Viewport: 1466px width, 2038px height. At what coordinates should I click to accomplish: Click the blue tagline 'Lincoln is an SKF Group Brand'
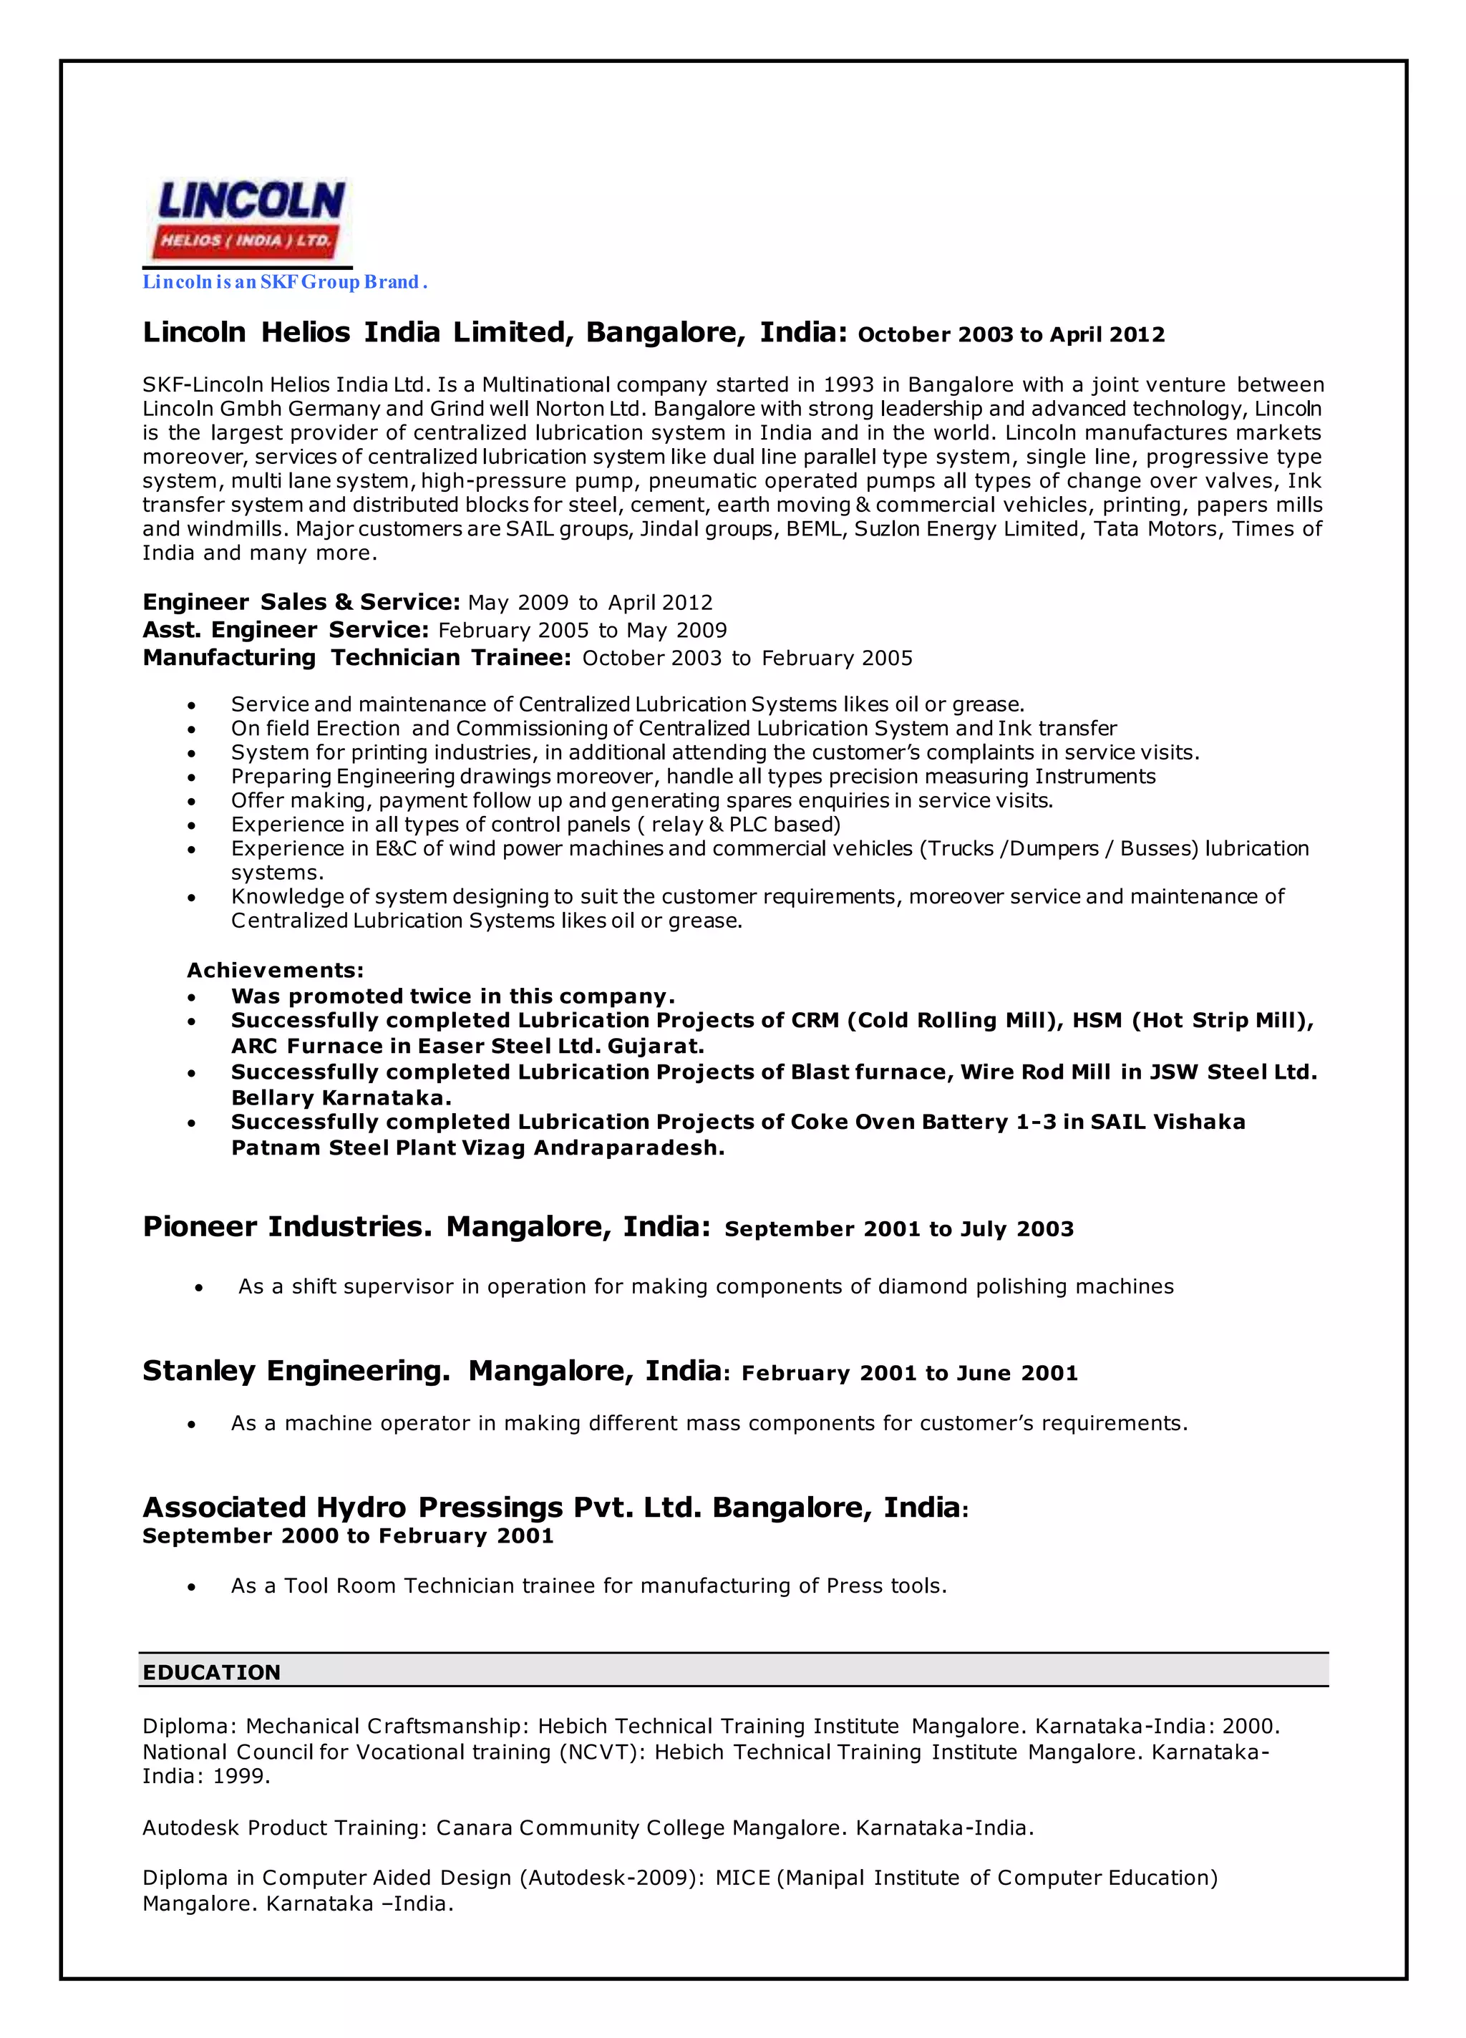284,282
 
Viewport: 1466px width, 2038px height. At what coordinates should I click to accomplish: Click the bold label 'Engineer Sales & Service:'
301,602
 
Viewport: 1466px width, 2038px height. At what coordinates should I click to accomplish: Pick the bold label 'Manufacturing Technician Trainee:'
357,658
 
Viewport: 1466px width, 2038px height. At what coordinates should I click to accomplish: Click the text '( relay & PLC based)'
738,825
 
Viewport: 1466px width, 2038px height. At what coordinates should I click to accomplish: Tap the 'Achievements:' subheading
275,971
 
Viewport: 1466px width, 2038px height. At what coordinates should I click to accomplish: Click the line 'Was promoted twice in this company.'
452,996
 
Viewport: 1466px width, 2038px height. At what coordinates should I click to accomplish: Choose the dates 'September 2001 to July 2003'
899,1229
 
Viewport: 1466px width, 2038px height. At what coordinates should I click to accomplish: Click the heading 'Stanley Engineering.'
296,1372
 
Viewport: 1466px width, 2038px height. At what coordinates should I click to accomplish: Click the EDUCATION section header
211,1672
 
